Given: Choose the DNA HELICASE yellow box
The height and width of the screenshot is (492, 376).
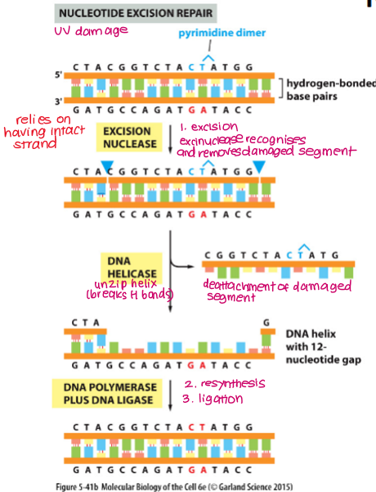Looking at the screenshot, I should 130,267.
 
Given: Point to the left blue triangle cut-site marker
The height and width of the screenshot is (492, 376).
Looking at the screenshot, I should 107,167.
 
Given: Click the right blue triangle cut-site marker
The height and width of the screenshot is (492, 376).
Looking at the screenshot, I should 259,167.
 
